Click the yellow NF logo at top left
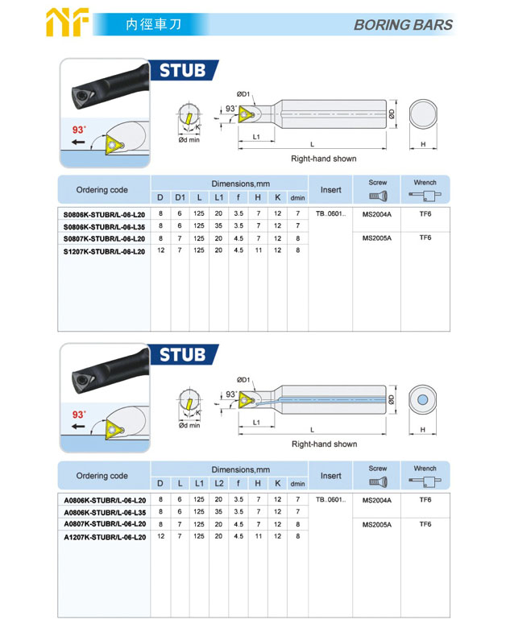coord(67,23)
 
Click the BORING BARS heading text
coord(403,25)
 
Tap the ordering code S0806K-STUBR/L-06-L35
coord(104,227)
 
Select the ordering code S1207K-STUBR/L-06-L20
coord(104,251)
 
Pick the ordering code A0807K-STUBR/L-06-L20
coord(105,524)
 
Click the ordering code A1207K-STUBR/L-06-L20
coord(105,537)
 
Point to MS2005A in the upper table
coord(377,238)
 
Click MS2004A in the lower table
coord(377,500)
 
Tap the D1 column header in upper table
coord(180,197)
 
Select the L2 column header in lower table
coord(219,483)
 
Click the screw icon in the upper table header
coord(378,196)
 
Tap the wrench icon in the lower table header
coord(425,481)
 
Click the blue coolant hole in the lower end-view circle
coord(422,399)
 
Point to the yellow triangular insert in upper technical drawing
coord(246,114)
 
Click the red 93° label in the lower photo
coord(79,415)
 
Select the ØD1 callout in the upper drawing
coord(243,94)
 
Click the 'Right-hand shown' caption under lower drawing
coord(325,444)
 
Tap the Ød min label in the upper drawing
coord(189,140)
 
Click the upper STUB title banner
coord(184,71)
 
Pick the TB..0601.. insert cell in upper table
coord(331,213)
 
